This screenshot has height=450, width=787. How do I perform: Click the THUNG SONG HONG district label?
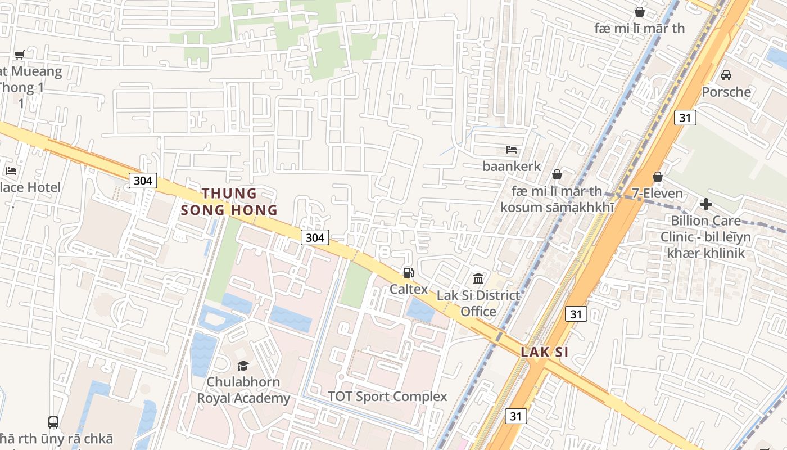point(229,202)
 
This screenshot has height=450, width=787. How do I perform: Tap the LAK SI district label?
point(544,352)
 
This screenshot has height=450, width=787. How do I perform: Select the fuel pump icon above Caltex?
point(408,273)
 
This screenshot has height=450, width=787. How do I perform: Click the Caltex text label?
point(409,289)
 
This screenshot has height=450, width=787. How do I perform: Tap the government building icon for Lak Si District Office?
point(478,278)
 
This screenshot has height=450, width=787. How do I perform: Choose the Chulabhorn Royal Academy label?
point(243,390)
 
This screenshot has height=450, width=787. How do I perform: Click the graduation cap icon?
point(243,366)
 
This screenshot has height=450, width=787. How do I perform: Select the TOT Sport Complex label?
point(387,397)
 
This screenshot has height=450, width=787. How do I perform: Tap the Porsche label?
point(726,92)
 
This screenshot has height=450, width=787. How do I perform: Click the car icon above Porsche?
point(726,75)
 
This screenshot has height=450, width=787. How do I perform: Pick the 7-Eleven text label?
point(657,193)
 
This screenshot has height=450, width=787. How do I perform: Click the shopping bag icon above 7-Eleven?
point(657,177)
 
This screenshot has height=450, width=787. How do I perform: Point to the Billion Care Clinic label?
point(705,236)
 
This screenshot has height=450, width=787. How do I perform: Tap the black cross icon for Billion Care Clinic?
point(705,204)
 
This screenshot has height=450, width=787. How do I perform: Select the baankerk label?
point(512,166)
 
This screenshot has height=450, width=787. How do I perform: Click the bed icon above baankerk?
point(512,150)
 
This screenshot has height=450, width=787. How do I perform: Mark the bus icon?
point(53,422)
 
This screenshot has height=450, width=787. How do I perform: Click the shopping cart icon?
point(19,55)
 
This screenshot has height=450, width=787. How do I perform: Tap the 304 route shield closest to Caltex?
point(315,237)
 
